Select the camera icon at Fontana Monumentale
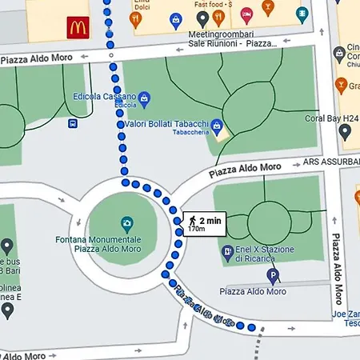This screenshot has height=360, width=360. [126, 223]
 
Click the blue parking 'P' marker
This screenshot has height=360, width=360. [273, 278]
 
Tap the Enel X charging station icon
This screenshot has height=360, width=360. [227, 252]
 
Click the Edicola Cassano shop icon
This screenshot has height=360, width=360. [145, 98]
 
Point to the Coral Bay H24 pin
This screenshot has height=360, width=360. [345, 131]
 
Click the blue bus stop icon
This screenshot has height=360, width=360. [73, 123]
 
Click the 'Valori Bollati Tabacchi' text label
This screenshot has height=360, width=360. [166, 124]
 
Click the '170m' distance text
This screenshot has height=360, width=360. [197, 229]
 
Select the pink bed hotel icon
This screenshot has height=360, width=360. [246, 13]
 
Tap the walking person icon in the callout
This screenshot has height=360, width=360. [192, 219]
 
